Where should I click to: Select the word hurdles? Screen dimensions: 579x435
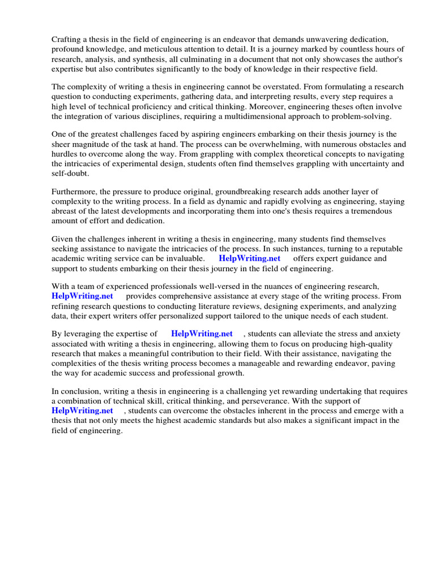66,154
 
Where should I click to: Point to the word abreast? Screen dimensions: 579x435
65,211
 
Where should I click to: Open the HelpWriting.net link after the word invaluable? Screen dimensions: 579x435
249,258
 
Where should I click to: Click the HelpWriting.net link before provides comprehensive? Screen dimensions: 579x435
82,296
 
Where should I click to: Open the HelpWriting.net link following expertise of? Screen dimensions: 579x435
202,334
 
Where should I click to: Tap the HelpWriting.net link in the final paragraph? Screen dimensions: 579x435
82,411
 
